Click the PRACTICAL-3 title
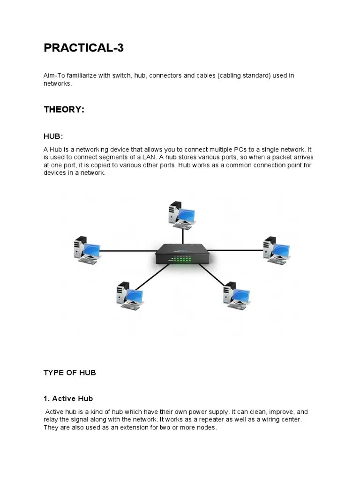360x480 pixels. [83, 47]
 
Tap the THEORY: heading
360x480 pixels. [64, 109]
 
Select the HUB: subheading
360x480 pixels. [53, 136]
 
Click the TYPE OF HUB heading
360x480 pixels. [69, 373]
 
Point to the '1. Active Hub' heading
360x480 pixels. [68, 398]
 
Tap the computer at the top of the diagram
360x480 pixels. [181, 215]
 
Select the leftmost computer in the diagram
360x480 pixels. [87, 250]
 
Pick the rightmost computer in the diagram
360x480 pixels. [276, 250]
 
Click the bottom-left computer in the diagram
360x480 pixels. [129, 295]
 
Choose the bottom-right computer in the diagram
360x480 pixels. [236, 295]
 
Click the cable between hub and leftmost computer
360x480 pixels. [127, 251]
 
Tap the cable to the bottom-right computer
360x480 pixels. [212, 275]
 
